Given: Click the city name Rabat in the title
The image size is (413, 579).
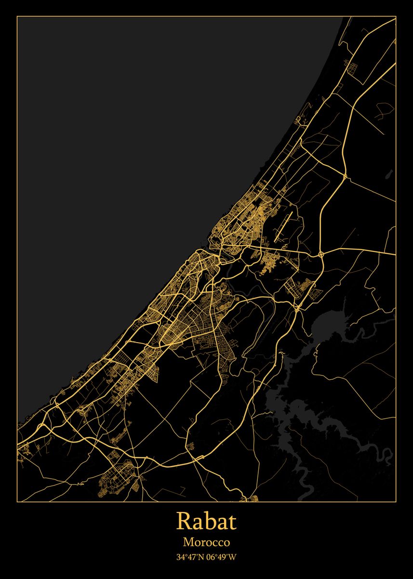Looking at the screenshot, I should click(x=206, y=522).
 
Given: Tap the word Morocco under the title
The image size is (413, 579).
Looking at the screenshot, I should click(x=206, y=542).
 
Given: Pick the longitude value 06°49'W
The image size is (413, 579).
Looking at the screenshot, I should click(x=222, y=557).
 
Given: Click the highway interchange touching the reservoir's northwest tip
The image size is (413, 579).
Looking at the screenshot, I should click(x=298, y=307).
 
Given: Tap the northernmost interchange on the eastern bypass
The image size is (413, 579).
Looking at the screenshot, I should click(x=346, y=177).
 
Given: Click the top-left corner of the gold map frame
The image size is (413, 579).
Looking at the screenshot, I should click(x=17, y=17).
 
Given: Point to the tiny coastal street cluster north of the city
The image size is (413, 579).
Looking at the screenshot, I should click(x=303, y=121).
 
